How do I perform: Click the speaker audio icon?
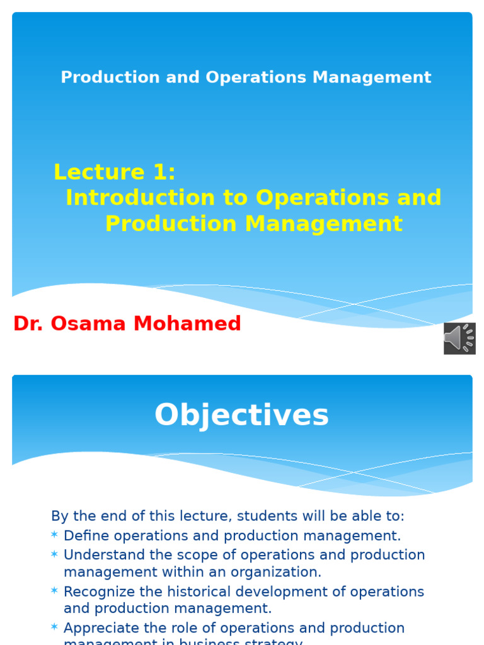coord(459,338)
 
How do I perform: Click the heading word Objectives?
coord(241,416)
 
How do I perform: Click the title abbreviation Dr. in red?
coord(28,324)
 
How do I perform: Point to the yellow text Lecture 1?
coord(115,172)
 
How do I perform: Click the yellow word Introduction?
coord(140,198)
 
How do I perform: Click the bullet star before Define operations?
coord(54,535)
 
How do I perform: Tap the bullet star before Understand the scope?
coord(54,554)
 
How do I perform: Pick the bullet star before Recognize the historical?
coord(54,591)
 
